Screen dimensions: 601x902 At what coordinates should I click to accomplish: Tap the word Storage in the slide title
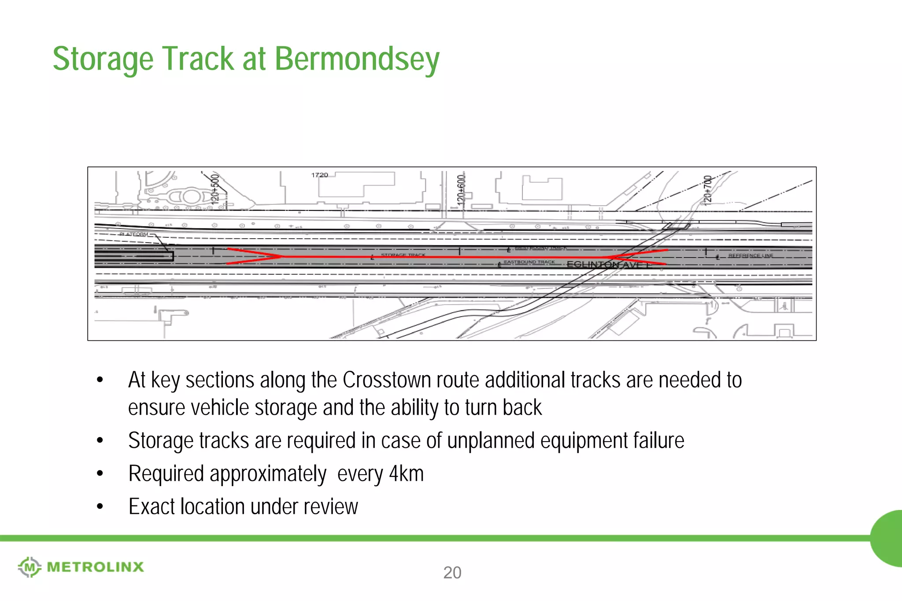(x=103, y=59)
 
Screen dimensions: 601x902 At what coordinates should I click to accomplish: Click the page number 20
(x=452, y=573)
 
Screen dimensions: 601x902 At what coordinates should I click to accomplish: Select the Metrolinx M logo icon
(x=30, y=567)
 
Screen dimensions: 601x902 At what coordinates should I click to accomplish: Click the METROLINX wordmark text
(x=95, y=567)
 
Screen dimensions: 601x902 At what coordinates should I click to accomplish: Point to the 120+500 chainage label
(x=215, y=188)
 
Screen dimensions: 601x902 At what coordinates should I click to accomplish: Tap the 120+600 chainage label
(x=461, y=190)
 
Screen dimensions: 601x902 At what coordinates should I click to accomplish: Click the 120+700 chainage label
(x=707, y=190)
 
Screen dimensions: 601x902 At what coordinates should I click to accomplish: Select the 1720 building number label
(x=319, y=175)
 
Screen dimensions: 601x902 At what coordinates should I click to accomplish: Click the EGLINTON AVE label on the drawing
(x=608, y=265)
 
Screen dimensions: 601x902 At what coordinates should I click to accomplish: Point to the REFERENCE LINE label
(x=750, y=255)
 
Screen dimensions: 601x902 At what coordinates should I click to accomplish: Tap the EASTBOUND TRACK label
(x=529, y=262)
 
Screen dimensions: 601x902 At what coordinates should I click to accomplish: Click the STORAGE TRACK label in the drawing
(x=403, y=255)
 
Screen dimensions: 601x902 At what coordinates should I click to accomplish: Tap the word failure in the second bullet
(x=658, y=441)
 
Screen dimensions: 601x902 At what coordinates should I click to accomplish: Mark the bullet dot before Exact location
(x=100, y=507)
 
